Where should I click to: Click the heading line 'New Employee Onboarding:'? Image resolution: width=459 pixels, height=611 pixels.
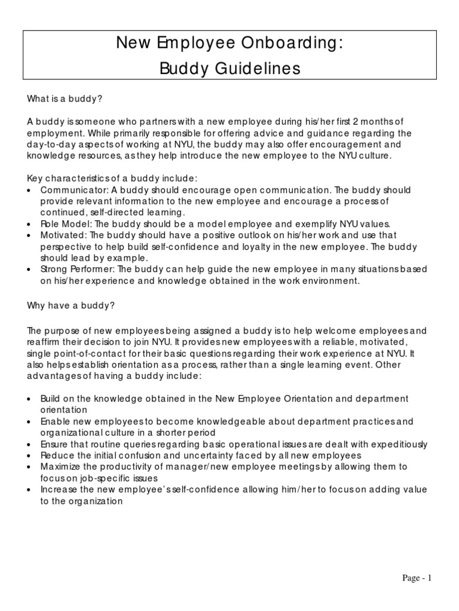tap(229, 43)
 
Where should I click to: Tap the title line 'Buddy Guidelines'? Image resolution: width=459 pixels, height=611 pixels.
tap(229, 69)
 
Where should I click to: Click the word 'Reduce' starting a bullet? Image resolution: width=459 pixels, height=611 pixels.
tap(55, 455)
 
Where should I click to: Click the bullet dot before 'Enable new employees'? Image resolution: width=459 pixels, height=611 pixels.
tap(30, 422)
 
